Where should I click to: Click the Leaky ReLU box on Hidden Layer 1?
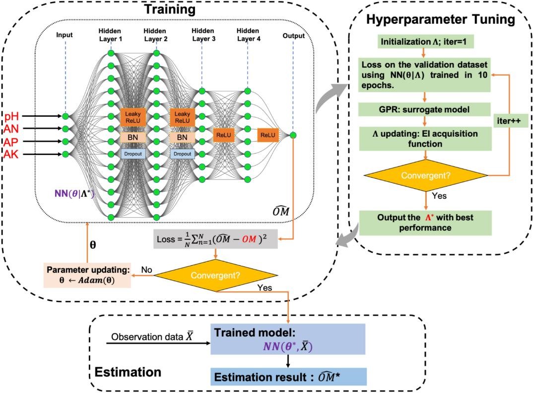point(131,117)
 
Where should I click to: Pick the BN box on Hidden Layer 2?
point(183,137)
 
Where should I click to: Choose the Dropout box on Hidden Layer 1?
point(131,154)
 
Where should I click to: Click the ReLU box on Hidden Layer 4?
point(268,135)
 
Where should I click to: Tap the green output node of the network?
point(293,135)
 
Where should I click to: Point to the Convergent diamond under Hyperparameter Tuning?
point(425,176)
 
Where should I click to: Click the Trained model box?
point(287,338)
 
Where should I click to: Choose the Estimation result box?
point(287,377)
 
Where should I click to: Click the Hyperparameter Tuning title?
point(441,20)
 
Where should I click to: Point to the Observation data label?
point(151,336)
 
